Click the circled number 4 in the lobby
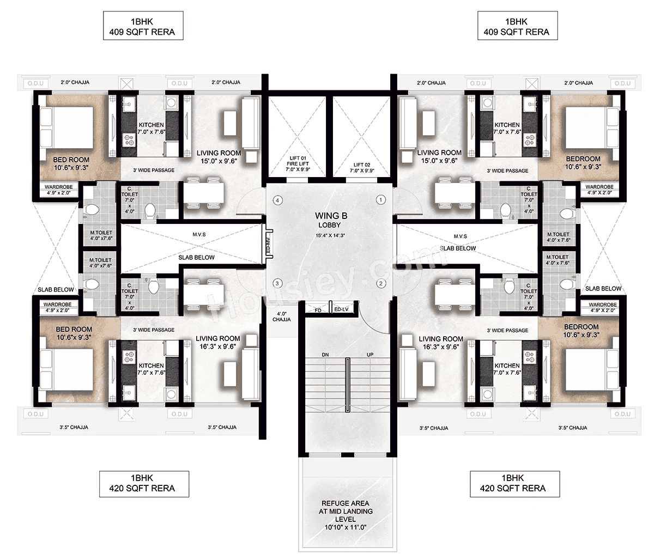pyautogui.click(x=278, y=200)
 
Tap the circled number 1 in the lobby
pyautogui.click(x=381, y=200)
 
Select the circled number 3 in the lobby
pyautogui.click(x=277, y=283)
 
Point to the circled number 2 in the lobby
pyautogui.click(x=381, y=283)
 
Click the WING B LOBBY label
pyautogui.click(x=330, y=220)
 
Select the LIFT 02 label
pyautogui.click(x=362, y=167)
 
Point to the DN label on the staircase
pyautogui.click(x=325, y=355)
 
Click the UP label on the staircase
pyautogui.click(x=370, y=355)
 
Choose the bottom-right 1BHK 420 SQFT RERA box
pyautogui.click(x=512, y=483)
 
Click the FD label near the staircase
pyautogui.click(x=318, y=310)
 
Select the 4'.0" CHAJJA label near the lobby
pyautogui.click(x=282, y=316)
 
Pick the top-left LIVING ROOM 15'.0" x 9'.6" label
pyautogui.click(x=219, y=157)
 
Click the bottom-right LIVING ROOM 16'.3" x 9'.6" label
pyautogui.click(x=441, y=342)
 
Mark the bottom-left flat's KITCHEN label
pyautogui.click(x=151, y=369)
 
